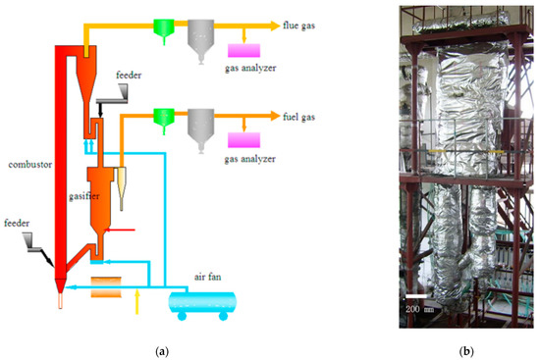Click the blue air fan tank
pos(202,303)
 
